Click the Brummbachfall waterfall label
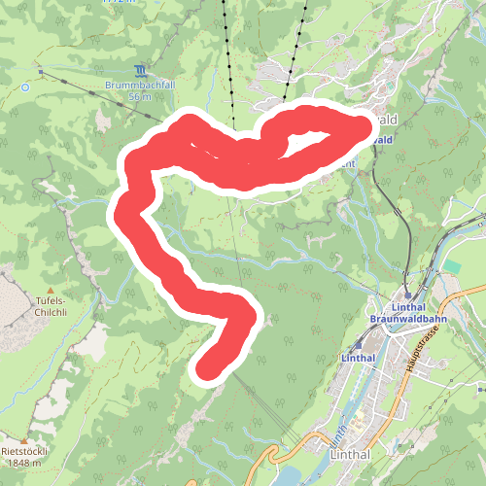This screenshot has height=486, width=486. (142, 85)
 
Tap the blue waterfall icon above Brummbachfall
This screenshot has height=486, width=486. (142, 71)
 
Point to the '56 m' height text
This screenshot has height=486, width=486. (142, 96)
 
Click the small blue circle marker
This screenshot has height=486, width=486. (25, 87)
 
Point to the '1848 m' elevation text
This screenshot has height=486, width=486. (24, 464)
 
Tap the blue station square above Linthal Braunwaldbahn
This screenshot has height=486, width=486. (408, 295)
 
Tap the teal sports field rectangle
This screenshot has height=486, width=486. (452, 265)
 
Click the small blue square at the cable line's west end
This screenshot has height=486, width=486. (39, 70)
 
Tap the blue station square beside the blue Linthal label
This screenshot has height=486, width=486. (360, 343)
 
